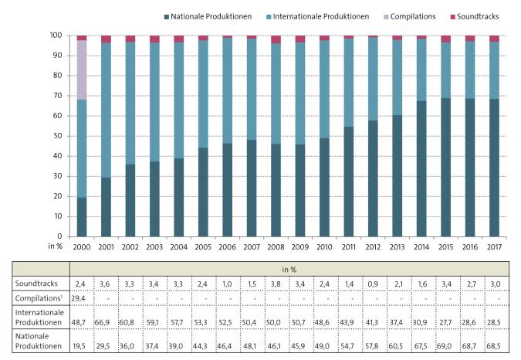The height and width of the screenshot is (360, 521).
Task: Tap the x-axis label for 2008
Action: point(276,247)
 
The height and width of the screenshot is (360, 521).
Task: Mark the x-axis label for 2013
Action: point(397,247)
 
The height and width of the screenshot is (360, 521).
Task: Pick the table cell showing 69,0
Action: point(445,347)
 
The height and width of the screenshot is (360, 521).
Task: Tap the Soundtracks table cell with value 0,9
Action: point(373,284)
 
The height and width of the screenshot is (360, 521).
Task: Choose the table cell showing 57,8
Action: point(373,347)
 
